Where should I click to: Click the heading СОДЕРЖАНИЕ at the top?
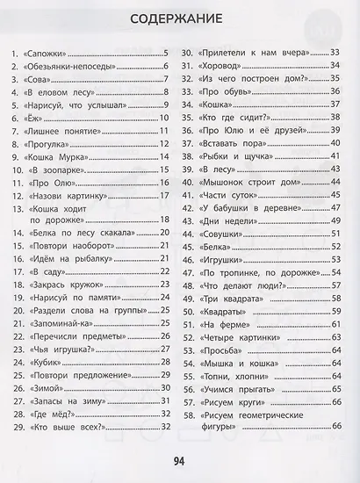pyautogui.click(x=180, y=19)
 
